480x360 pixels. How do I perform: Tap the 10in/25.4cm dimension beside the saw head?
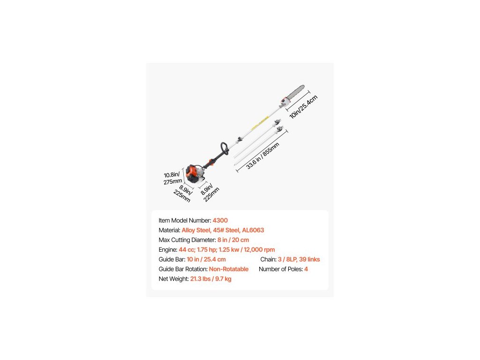(303, 107)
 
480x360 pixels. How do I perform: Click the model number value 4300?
(220, 220)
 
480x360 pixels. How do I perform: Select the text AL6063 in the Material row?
(253, 230)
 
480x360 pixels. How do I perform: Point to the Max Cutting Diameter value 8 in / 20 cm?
(233, 240)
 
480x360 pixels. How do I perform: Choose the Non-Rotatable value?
(229, 269)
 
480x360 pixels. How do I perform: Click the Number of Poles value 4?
(306, 269)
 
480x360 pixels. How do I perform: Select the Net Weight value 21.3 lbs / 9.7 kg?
(210, 279)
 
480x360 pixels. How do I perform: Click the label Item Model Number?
(185, 220)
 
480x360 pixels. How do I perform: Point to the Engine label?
(168, 250)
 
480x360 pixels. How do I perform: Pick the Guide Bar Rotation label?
(183, 269)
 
